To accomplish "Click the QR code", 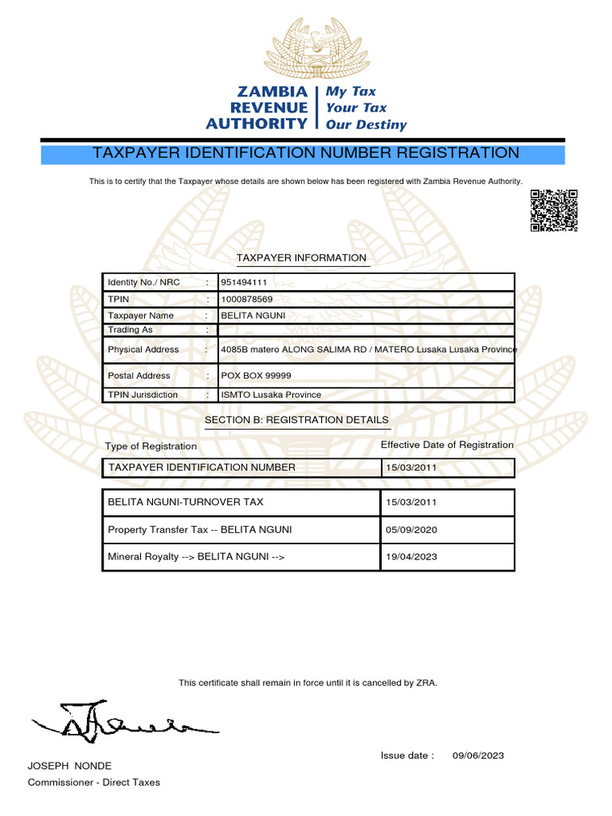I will click(x=553, y=210).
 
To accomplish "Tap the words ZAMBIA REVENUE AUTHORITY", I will click(x=257, y=108).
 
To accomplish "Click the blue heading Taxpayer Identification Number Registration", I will click(x=306, y=153).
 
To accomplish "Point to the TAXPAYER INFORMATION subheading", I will click(x=301, y=258).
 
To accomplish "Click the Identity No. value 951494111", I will click(x=243, y=283).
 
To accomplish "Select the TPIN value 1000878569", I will click(x=246, y=300).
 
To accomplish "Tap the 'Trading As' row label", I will click(x=130, y=330).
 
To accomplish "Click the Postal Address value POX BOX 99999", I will click(x=256, y=376).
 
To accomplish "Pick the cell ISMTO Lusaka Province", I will click(x=271, y=395).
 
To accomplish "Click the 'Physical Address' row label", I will click(x=143, y=350).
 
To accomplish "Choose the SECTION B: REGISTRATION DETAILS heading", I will click(x=296, y=420).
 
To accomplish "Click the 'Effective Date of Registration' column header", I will click(x=447, y=445).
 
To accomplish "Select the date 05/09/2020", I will click(x=411, y=530).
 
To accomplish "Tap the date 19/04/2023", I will click(x=411, y=557).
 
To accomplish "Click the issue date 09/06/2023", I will click(x=478, y=755).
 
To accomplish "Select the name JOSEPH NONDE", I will click(x=69, y=766).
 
